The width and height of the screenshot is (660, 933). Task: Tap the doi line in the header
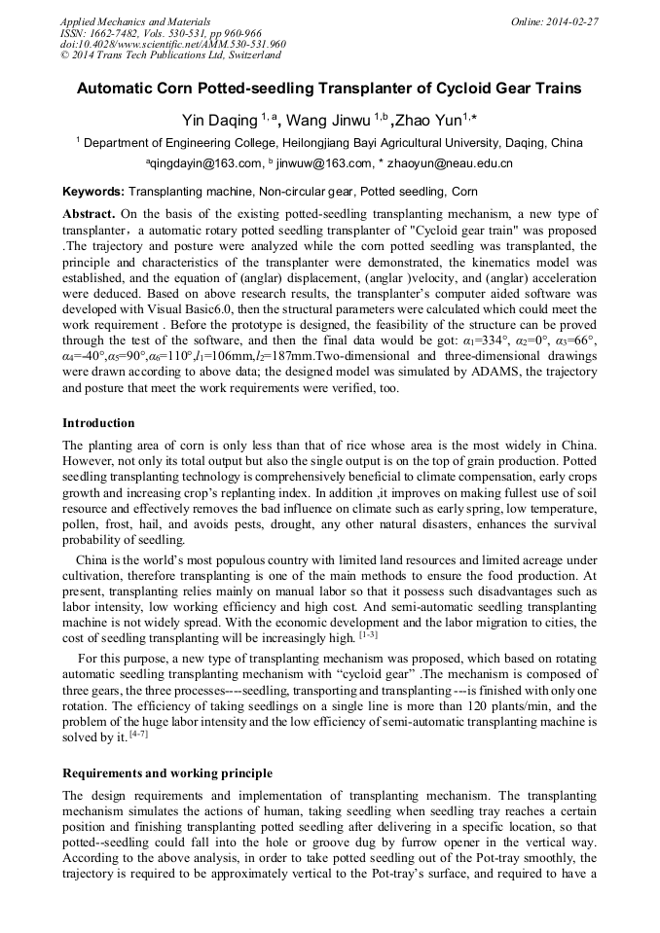(x=172, y=44)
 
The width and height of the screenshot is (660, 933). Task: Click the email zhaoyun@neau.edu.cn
(x=451, y=163)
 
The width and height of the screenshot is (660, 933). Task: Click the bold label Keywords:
(x=93, y=192)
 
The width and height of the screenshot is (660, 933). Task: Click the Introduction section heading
(x=98, y=423)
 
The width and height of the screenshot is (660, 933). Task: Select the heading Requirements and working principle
(x=167, y=773)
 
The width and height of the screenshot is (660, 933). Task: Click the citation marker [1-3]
(x=368, y=634)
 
